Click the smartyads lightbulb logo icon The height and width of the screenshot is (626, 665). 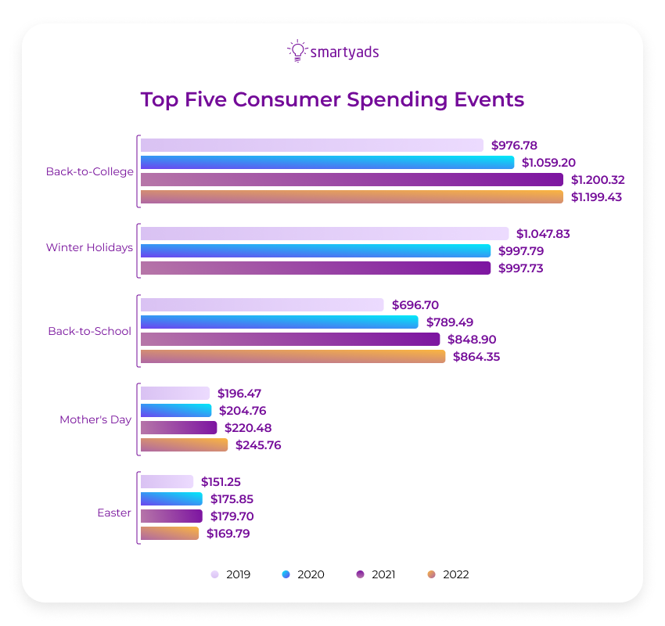(297, 51)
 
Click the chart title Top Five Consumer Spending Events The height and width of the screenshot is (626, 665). (332, 100)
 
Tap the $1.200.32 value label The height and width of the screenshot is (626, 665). (598, 180)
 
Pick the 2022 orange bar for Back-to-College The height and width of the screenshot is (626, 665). (351, 197)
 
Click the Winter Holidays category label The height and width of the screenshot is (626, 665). (89, 248)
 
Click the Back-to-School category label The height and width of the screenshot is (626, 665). (89, 331)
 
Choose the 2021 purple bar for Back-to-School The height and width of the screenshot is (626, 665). (289, 340)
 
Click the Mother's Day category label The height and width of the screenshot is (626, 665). (95, 419)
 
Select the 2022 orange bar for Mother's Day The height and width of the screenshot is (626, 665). (184, 445)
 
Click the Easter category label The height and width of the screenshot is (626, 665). (114, 513)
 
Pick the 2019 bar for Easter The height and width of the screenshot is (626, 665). (167, 482)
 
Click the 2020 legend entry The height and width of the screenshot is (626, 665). (303, 574)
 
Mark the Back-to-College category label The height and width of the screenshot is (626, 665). (89, 171)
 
